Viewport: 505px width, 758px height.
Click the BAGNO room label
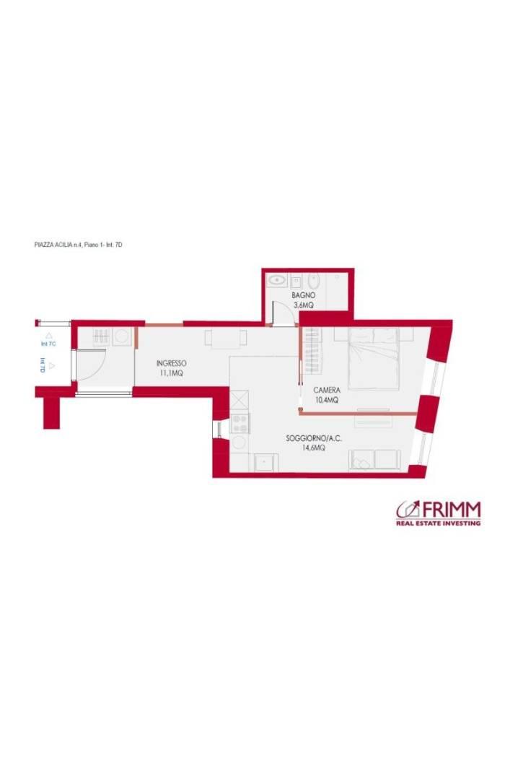303,295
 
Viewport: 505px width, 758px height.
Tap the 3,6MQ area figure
304,305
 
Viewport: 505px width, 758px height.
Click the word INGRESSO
172,363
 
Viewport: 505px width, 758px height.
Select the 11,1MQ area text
172,373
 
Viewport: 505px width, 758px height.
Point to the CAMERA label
327,390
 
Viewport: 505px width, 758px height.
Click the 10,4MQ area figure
327,400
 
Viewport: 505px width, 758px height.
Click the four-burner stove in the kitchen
240,424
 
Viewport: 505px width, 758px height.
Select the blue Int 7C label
48,344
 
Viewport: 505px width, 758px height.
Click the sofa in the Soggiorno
375,460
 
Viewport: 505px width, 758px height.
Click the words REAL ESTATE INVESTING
439,523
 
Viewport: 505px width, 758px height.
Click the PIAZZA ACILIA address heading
79,245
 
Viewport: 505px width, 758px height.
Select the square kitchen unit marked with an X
240,401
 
